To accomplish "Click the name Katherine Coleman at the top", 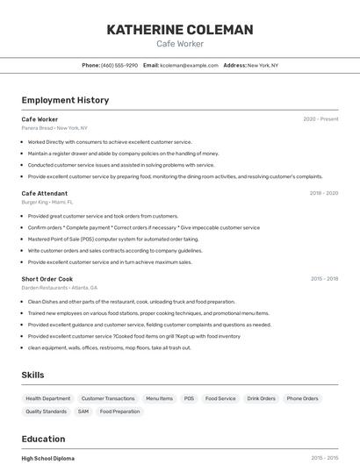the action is click(179, 30).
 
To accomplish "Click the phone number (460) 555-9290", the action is click(119, 65).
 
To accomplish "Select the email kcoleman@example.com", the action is click(189, 65).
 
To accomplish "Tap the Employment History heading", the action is click(65, 100).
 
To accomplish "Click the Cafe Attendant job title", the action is click(44, 193).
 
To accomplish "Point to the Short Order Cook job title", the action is click(47, 279).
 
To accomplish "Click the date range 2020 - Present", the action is click(320, 119).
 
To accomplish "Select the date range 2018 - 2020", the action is click(323, 193).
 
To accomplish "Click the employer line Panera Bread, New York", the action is click(55, 128).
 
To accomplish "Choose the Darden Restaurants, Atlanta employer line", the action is click(60, 288).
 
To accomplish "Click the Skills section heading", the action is click(32, 375).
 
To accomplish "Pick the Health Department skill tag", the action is click(47, 398).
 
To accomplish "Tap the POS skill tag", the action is click(189, 398).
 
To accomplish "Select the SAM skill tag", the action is click(83, 411).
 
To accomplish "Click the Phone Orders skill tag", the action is click(302, 398).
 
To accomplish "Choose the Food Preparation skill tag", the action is click(119, 411).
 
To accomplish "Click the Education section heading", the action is click(43, 439).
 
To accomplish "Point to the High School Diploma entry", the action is click(47, 458).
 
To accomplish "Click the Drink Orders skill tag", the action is click(261, 398).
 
